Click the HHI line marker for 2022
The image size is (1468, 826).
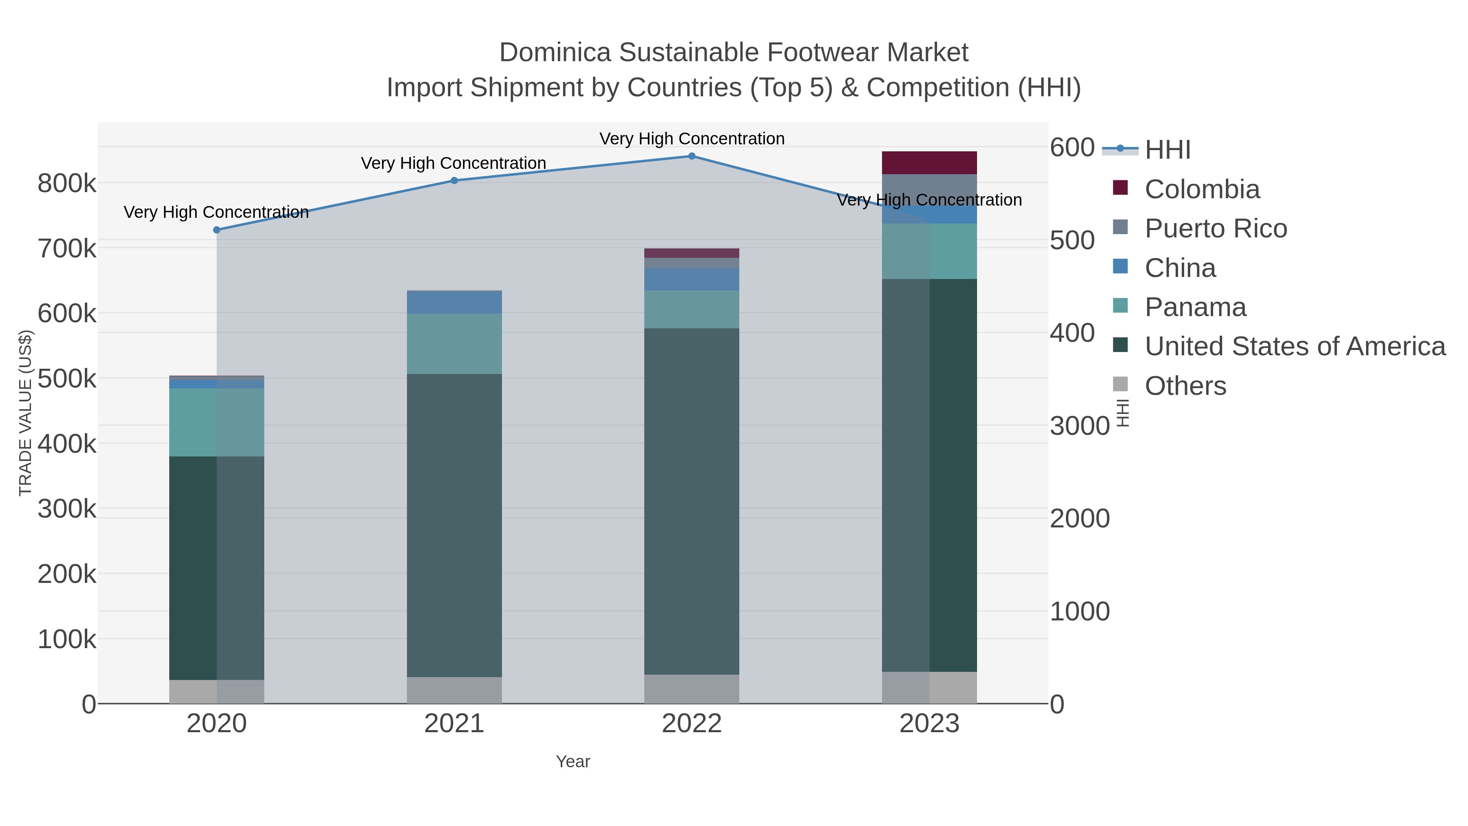692,156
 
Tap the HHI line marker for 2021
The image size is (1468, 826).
454,181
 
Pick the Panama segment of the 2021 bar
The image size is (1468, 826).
454,344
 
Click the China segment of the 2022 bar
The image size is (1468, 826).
692,279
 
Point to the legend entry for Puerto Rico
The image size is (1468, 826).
1215,228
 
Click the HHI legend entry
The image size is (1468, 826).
1167,150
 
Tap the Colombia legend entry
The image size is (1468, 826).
1201,189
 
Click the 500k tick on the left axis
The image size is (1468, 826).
67,379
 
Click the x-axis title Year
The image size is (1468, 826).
573,762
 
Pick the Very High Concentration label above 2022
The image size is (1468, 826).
692,139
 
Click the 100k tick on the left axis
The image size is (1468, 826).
67,640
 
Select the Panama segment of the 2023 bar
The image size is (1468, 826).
929,251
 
